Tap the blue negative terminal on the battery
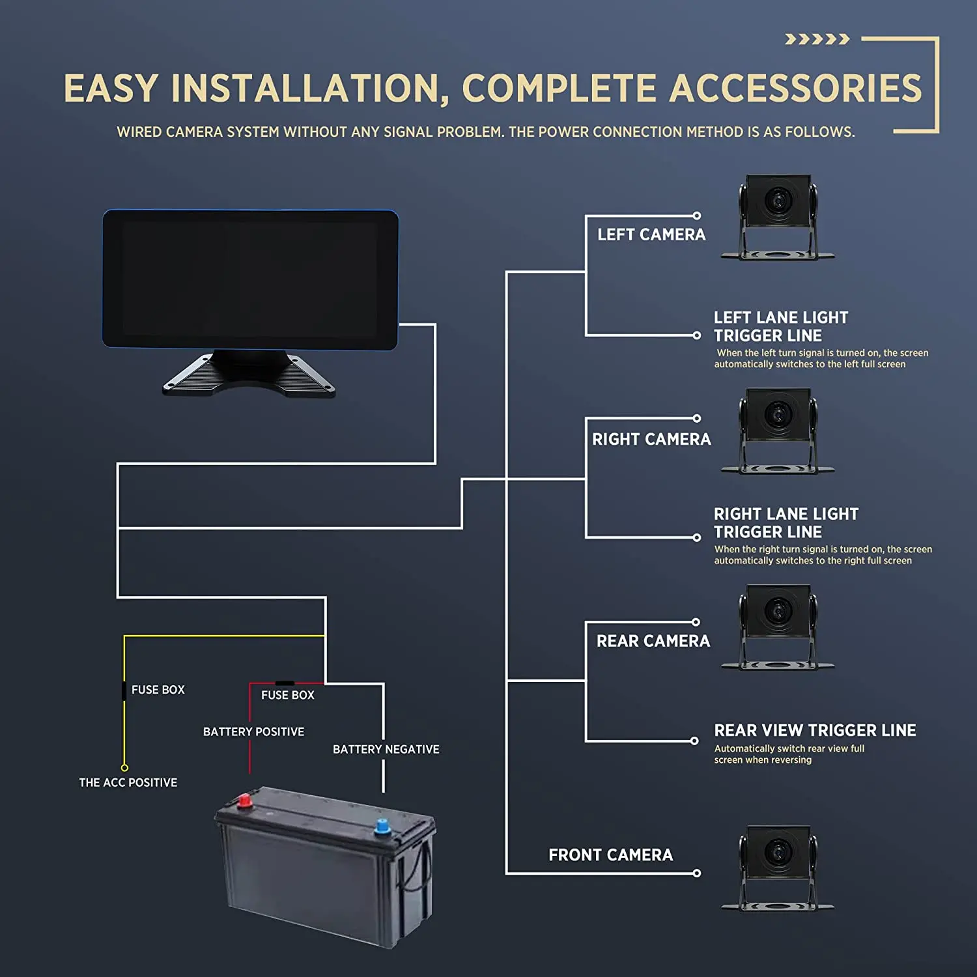pos(382,827)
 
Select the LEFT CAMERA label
pos(651,234)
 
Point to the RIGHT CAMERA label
pos(651,439)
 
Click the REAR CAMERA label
pos(653,641)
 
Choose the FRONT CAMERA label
pos(610,855)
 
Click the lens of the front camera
pos(778,851)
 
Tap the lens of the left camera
pos(778,199)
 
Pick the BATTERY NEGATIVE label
pos(386,749)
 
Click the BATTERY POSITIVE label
pos(253,731)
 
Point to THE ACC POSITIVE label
pos(128,782)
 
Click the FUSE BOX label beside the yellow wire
pos(158,689)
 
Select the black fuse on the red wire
pos(285,683)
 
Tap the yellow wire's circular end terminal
pos(124,768)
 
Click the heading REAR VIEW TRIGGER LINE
pos(815,730)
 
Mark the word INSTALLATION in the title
pos(309,88)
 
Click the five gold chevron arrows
pos(817,39)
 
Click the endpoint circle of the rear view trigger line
pos(694,741)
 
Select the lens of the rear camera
pos(778,610)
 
